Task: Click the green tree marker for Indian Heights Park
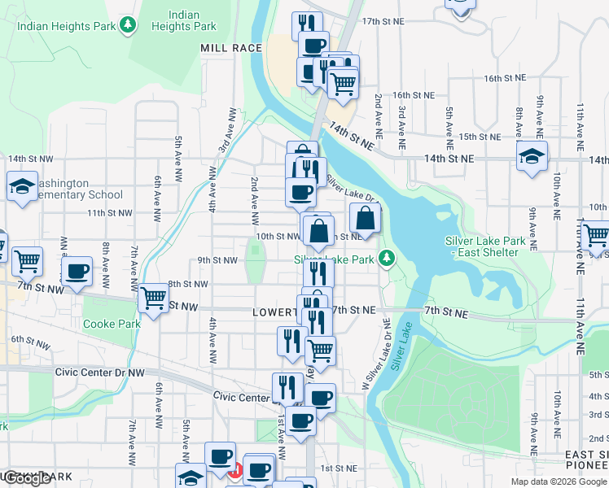[x=127, y=26]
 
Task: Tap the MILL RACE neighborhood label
[x=231, y=49]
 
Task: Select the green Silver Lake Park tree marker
[x=388, y=259]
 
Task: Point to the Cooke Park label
[x=112, y=324]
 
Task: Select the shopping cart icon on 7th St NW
[x=153, y=297]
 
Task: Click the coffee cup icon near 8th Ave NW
[x=77, y=271]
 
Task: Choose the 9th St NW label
[x=217, y=260]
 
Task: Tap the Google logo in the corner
[x=27, y=478]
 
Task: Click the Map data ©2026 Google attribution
[x=558, y=481]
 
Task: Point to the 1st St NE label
[x=339, y=468]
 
